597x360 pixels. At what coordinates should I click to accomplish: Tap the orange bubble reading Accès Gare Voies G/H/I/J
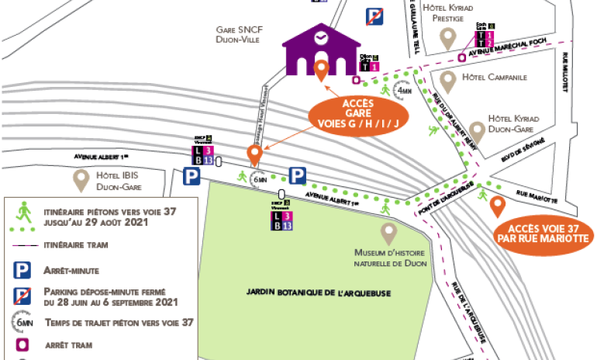click(357, 114)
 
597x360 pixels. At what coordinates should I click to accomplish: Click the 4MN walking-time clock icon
click(403, 89)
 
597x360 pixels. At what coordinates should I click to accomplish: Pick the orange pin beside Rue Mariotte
click(497, 206)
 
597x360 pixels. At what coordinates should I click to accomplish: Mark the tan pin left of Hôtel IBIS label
click(81, 181)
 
